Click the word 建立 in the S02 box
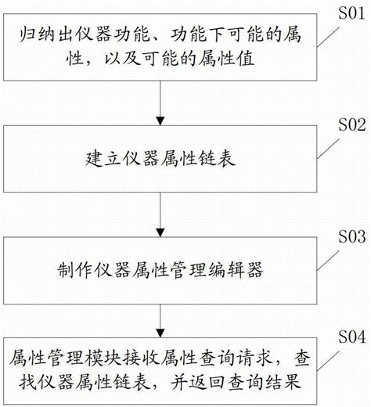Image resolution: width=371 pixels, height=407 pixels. tap(93, 160)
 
